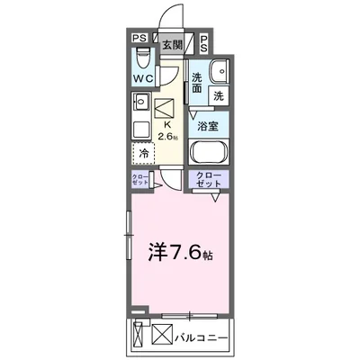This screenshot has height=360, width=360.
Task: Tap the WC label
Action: pyautogui.click(x=140, y=78)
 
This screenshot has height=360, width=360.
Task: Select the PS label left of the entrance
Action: pyautogui.click(x=139, y=38)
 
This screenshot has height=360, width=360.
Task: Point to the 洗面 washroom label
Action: pyautogui.click(x=196, y=83)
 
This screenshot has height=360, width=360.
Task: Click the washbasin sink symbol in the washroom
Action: pyautogui.click(x=216, y=73)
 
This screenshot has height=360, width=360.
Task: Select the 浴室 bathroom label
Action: pyautogui.click(x=209, y=127)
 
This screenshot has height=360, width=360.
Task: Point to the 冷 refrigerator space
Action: pyautogui.click(x=144, y=153)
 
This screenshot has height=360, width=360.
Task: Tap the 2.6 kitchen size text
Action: pyautogui.click(x=166, y=135)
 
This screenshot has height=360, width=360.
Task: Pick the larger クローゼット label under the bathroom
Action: pyautogui.click(x=209, y=179)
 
